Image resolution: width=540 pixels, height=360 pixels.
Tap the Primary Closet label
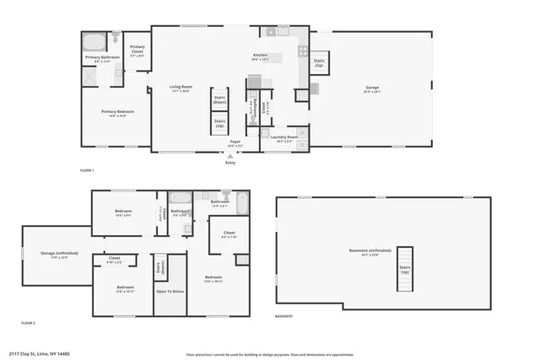[x=137, y=50]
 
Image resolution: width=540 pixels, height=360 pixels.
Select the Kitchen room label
[x=259, y=57]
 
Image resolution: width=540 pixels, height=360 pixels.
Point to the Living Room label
[x=180, y=88]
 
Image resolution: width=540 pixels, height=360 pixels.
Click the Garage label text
[x=372, y=88]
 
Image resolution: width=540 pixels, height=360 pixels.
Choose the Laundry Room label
[x=283, y=137]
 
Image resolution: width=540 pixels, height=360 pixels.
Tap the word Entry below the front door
[x=229, y=163]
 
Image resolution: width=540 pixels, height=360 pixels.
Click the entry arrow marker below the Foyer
[x=229, y=156]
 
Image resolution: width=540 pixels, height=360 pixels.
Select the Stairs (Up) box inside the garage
[x=320, y=62]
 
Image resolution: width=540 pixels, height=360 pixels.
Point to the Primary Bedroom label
[x=114, y=113]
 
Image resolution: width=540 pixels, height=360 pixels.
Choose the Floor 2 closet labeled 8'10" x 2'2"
[x=114, y=260]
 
